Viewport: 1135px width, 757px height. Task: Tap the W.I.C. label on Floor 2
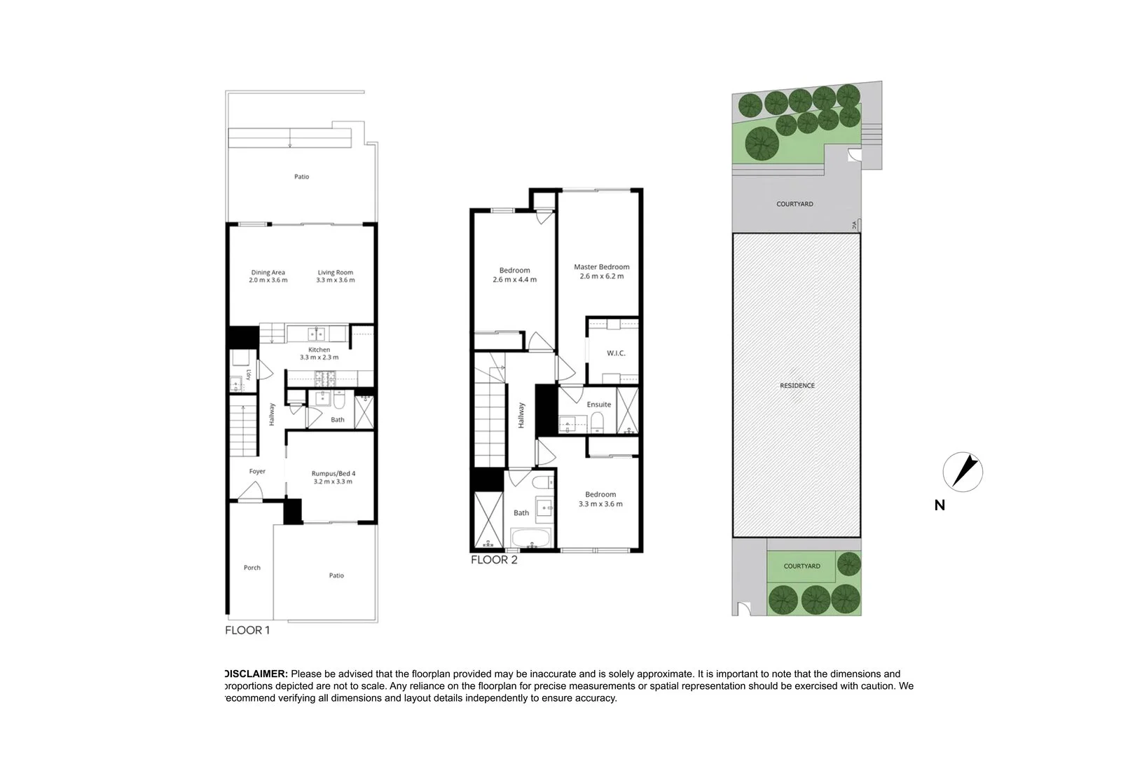pos(616,353)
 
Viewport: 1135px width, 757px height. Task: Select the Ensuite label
pos(598,404)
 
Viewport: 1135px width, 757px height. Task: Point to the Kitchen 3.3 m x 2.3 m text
pos(319,353)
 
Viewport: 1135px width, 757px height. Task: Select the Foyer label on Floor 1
pos(257,472)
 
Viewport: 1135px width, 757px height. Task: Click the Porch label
pos(252,568)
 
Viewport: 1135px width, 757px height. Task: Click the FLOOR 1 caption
pos(247,630)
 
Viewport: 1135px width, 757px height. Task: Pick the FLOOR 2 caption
pos(493,560)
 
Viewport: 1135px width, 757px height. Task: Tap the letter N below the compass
pos(940,505)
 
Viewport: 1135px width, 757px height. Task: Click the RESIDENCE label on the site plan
pos(797,386)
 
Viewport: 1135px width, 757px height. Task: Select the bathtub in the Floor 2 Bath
pos(531,539)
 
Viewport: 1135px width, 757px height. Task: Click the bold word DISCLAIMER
pos(255,674)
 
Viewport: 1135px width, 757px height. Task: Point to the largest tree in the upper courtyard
pos(762,144)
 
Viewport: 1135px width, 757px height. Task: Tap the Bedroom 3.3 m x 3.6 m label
pos(600,499)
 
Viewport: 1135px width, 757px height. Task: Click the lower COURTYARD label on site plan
pos(802,566)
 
